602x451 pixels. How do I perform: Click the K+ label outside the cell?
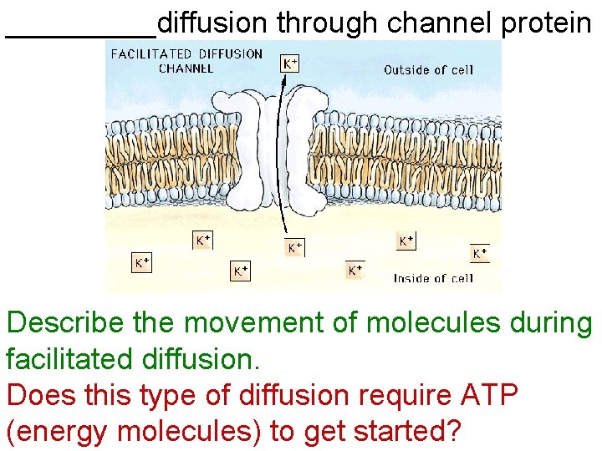(x=288, y=63)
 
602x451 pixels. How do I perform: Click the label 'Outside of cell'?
(x=428, y=70)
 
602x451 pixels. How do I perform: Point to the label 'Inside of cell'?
(x=433, y=278)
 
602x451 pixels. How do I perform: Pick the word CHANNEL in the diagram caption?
(x=186, y=68)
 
